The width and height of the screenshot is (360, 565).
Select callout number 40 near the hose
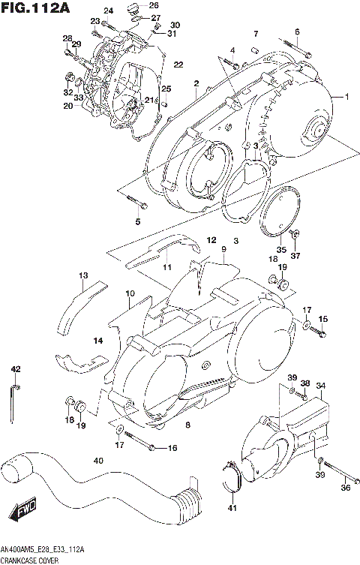click(x=98, y=461)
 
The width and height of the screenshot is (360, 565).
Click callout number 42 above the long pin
click(x=15, y=369)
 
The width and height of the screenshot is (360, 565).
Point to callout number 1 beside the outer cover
click(x=347, y=97)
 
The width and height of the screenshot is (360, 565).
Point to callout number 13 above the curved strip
click(x=82, y=276)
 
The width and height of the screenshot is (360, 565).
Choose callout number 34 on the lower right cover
click(x=320, y=386)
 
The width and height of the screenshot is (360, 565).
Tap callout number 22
click(x=178, y=64)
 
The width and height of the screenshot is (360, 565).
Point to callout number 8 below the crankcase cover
click(x=187, y=425)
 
